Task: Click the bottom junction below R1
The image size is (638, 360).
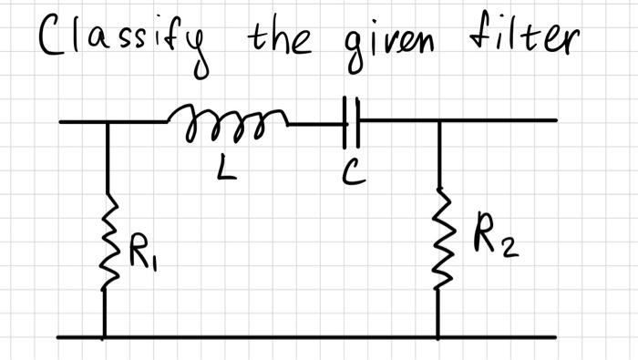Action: [x=105, y=336]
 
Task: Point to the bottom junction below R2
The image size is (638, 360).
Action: [x=438, y=336]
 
